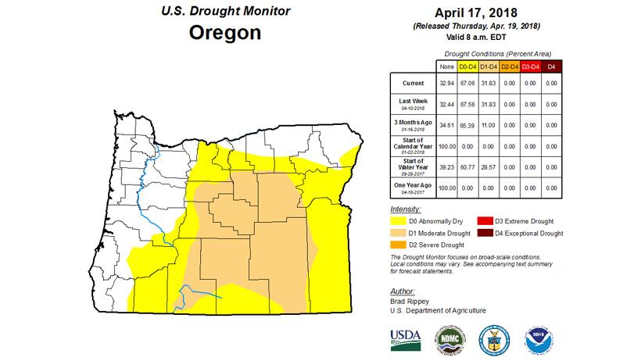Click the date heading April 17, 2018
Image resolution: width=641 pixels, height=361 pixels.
point(482,13)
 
